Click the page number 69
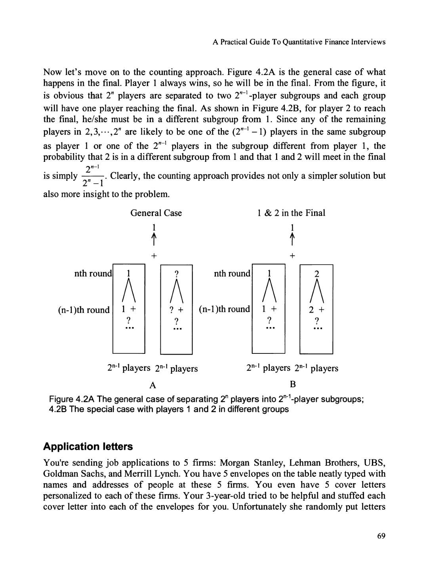(x=381, y=536)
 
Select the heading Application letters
(x=88, y=446)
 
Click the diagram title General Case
(x=156, y=213)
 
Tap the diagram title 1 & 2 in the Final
(x=291, y=213)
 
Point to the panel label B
(x=293, y=384)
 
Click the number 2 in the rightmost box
(x=316, y=274)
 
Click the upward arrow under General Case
(x=154, y=239)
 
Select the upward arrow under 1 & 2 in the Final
(x=292, y=239)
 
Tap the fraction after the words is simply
(x=93, y=176)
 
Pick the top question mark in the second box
(x=177, y=274)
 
